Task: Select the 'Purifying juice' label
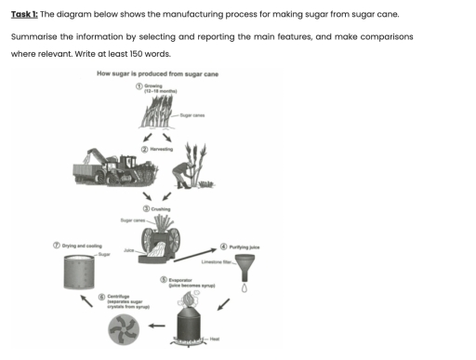[x=245, y=247]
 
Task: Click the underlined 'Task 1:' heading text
[x=23, y=16]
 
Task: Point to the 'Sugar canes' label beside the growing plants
[x=192, y=113]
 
